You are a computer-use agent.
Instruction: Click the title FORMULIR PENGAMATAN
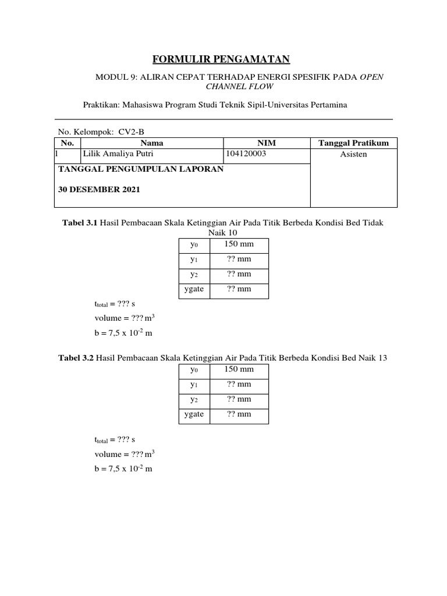point(221,59)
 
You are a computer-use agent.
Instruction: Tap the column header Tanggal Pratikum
point(354,143)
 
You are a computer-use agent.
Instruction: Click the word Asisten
point(354,155)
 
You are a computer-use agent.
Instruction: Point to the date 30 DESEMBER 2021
point(99,190)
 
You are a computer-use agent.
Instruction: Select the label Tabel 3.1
point(80,223)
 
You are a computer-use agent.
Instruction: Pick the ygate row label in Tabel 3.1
point(194,289)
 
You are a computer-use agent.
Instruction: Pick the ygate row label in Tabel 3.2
point(194,414)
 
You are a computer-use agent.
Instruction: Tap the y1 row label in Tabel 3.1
point(194,260)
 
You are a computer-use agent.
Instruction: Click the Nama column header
point(152,143)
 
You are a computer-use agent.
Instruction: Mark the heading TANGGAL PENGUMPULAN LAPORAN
point(139,169)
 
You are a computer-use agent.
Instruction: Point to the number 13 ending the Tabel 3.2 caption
point(382,359)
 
